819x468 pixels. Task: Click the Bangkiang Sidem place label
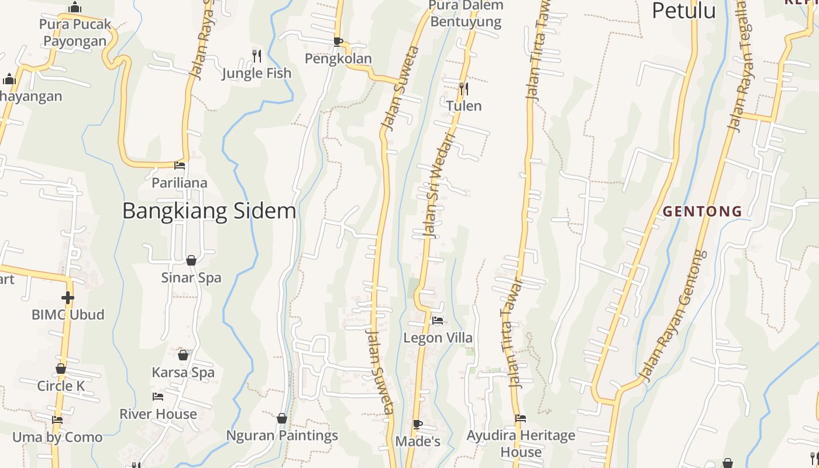click(209, 211)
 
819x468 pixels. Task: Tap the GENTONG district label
click(702, 211)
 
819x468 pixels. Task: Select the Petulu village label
click(683, 11)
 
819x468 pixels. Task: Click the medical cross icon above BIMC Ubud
click(68, 298)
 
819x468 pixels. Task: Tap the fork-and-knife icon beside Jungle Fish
click(257, 56)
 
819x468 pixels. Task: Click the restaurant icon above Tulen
click(463, 89)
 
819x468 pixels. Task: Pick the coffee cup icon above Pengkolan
click(338, 42)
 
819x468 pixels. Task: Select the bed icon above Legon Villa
click(437, 321)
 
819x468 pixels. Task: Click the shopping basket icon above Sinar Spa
click(191, 260)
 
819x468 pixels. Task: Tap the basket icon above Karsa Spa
click(183, 355)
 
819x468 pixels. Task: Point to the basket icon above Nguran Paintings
click(282, 418)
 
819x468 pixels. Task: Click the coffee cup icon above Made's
click(417, 424)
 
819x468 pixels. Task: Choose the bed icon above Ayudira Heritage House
click(521, 418)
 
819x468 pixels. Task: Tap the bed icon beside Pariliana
click(180, 166)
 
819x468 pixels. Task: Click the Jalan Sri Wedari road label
click(437, 186)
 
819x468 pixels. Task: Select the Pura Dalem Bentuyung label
click(466, 13)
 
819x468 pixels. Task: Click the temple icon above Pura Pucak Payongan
click(75, 8)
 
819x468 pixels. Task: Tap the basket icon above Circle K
click(61, 369)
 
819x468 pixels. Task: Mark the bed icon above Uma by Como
click(57, 420)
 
